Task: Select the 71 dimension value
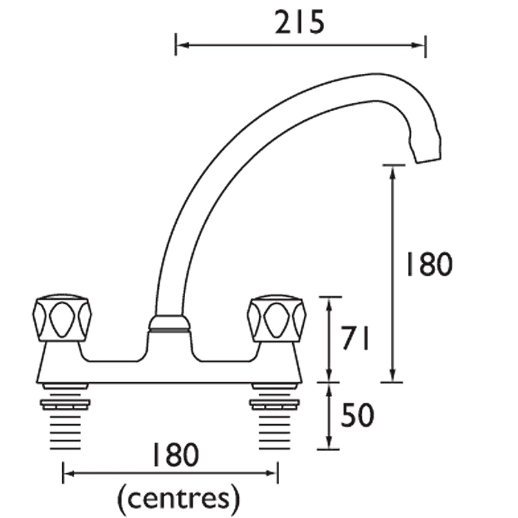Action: click(357, 339)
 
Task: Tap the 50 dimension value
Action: click(358, 415)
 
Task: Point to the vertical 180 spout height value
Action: click(428, 264)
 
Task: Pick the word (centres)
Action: click(179, 495)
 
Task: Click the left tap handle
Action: click(61, 319)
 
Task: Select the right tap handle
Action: click(277, 319)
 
